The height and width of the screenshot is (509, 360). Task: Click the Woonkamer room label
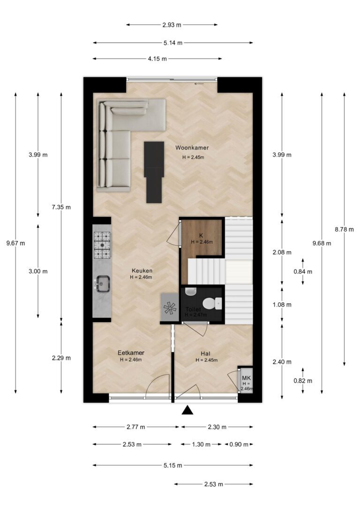point(192,148)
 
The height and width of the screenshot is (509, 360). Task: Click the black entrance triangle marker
point(187,410)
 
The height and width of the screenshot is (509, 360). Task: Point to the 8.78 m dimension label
point(344,230)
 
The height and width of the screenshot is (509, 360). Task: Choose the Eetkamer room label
point(131,353)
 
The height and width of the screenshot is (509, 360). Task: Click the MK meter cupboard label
point(247,378)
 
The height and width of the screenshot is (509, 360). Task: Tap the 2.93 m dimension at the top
point(172,25)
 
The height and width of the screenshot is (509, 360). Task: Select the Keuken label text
point(142,271)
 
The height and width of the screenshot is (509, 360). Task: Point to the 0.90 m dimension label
point(239,444)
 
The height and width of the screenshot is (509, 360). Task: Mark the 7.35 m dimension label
point(61,207)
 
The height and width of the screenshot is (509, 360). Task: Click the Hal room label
point(205,354)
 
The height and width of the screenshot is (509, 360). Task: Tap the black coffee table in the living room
point(154,172)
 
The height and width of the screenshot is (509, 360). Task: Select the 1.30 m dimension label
point(201,444)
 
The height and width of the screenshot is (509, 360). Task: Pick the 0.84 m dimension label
point(303,272)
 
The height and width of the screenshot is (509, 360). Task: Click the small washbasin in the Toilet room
point(191,291)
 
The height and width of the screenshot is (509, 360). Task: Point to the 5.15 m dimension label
point(172,465)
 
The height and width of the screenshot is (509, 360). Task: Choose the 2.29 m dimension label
point(61,358)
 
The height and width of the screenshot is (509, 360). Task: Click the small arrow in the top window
point(199,84)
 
